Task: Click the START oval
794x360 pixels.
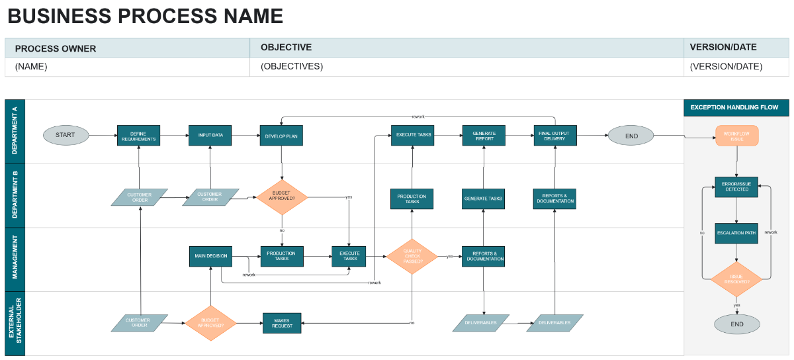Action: click(x=66, y=135)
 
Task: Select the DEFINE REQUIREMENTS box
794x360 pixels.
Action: click(x=139, y=136)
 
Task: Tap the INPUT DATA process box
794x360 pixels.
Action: click(x=210, y=135)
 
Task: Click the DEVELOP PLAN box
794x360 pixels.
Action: click(x=281, y=135)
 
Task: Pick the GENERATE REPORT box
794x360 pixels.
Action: click(x=484, y=136)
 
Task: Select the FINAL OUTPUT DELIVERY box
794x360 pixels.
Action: click(x=555, y=136)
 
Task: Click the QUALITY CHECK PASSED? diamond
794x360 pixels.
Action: click(x=412, y=257)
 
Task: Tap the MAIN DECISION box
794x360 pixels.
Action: click(x=210, y=256)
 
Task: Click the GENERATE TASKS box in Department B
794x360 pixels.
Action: click(x=484, y=199)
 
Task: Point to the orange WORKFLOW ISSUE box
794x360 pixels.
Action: click(x=736, y=136)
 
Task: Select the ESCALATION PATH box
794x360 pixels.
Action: click(x=736, y=233)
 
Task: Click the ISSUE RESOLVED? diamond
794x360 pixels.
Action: click(x=736, y=279)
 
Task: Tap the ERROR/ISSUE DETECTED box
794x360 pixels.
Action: click(x=736, y=187)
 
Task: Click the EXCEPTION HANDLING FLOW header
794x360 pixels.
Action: click(x=735, y=107)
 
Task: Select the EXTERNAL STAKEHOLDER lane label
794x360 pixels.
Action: click(x=15, y=324)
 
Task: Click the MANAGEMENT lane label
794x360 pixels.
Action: click(x=15, y=259)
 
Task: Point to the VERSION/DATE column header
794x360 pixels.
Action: click(x=723, y=48)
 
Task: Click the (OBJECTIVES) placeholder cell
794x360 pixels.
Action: click(x=292, y=67)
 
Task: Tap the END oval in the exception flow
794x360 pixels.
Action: click(x=736, y=324)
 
